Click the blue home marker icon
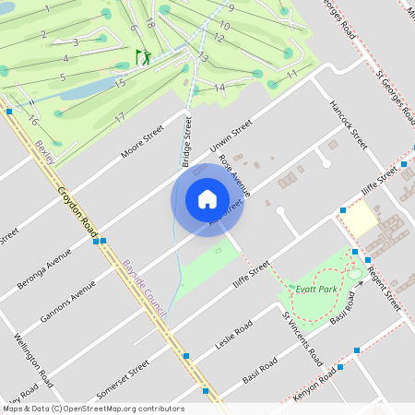point(207,199)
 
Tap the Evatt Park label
point(314,289)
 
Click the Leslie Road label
point(231,340)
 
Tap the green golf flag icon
point(143,57)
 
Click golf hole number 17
point(119,117)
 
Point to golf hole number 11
point(291,73)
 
